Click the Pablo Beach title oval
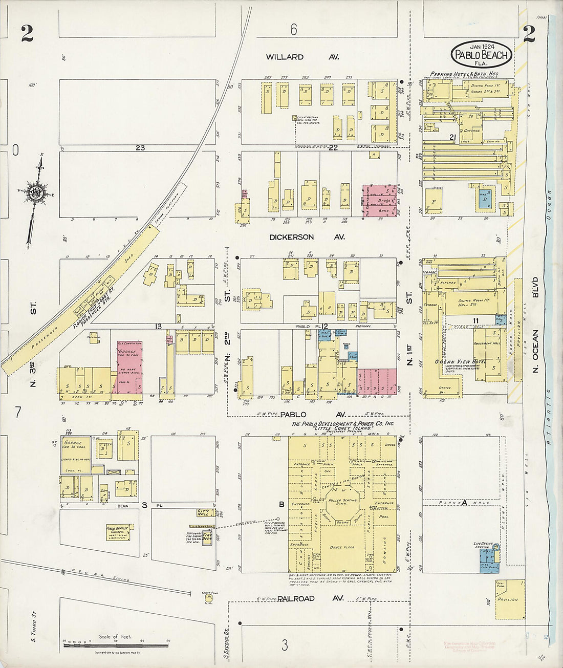point(481,54)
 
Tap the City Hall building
point(205,512)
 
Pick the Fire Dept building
point(207,537)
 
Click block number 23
point(140,147)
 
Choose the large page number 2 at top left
point(27,34)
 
